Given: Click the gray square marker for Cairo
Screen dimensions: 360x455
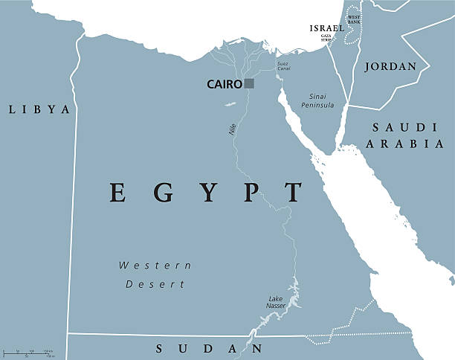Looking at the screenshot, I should (249, 84).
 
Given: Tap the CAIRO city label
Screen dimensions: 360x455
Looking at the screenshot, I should (225, 85).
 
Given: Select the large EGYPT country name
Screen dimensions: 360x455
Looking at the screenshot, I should (207, 193).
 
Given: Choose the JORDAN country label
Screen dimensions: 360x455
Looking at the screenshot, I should (391, 66).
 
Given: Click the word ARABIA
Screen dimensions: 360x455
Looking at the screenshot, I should (402, 144).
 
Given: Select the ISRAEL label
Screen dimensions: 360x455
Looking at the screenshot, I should (327, 28).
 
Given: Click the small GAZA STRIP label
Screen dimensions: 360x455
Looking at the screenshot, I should (325, 37).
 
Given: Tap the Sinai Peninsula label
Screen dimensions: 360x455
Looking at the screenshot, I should (317, 101).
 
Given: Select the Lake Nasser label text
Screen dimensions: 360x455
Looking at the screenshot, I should (276, 302).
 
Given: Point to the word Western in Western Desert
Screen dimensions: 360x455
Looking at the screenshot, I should (155, 266).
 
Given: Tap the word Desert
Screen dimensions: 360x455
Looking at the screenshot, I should (155, 284).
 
